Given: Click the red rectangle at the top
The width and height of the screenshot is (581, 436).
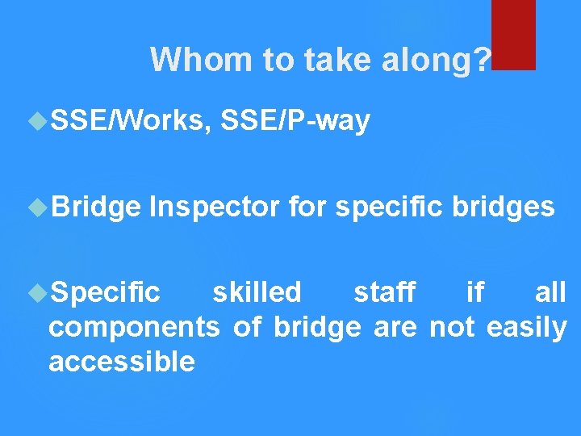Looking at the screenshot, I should pyautogui.click(x=513, y=34).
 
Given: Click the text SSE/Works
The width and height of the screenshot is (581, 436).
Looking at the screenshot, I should pyautogui.click(x=128, y=121).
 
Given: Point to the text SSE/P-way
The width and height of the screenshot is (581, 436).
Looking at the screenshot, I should pyautogui.click(x=295, y=121).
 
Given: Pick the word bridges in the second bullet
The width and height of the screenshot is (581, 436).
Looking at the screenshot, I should pyautogui.click(x=504, y=208).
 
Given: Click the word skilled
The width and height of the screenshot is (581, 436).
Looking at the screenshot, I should pyautogui.click(x=257, y=291).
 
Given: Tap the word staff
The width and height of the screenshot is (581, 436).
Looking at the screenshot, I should pyautogui.click(x=384, y=291).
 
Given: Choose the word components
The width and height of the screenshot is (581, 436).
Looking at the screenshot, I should pyautogui.click(x=134, y=328).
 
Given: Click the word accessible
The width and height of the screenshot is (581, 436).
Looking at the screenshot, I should pyautogui.click(x=122, y=362).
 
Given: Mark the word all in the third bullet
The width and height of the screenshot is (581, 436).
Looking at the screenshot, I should pyautogui.click(x=550, y=291).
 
